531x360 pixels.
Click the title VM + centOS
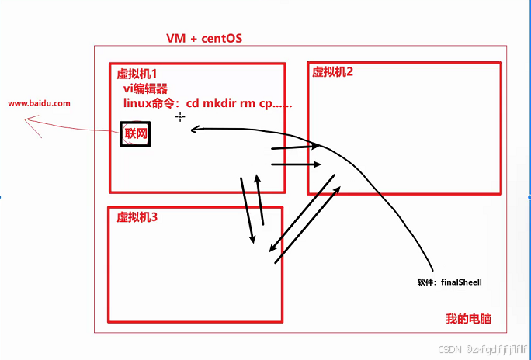(205, 39)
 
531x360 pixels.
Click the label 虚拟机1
(137, 73)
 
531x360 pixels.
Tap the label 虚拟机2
(332, 71)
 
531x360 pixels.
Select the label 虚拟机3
(137, 216)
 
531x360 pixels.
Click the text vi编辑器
(146, 88)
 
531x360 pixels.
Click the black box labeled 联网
(134, 133)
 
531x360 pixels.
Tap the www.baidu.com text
(40, 102)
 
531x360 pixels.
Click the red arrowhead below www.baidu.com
(29, 121)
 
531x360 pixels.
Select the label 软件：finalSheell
(449, 282)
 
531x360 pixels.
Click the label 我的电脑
(469, 319)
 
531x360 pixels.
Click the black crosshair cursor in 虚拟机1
(180, 116)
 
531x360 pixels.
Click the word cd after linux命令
(193, 102)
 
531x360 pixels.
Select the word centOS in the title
(220, 39)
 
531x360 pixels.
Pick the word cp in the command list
(267, 102)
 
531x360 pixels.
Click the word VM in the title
(175, 39)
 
